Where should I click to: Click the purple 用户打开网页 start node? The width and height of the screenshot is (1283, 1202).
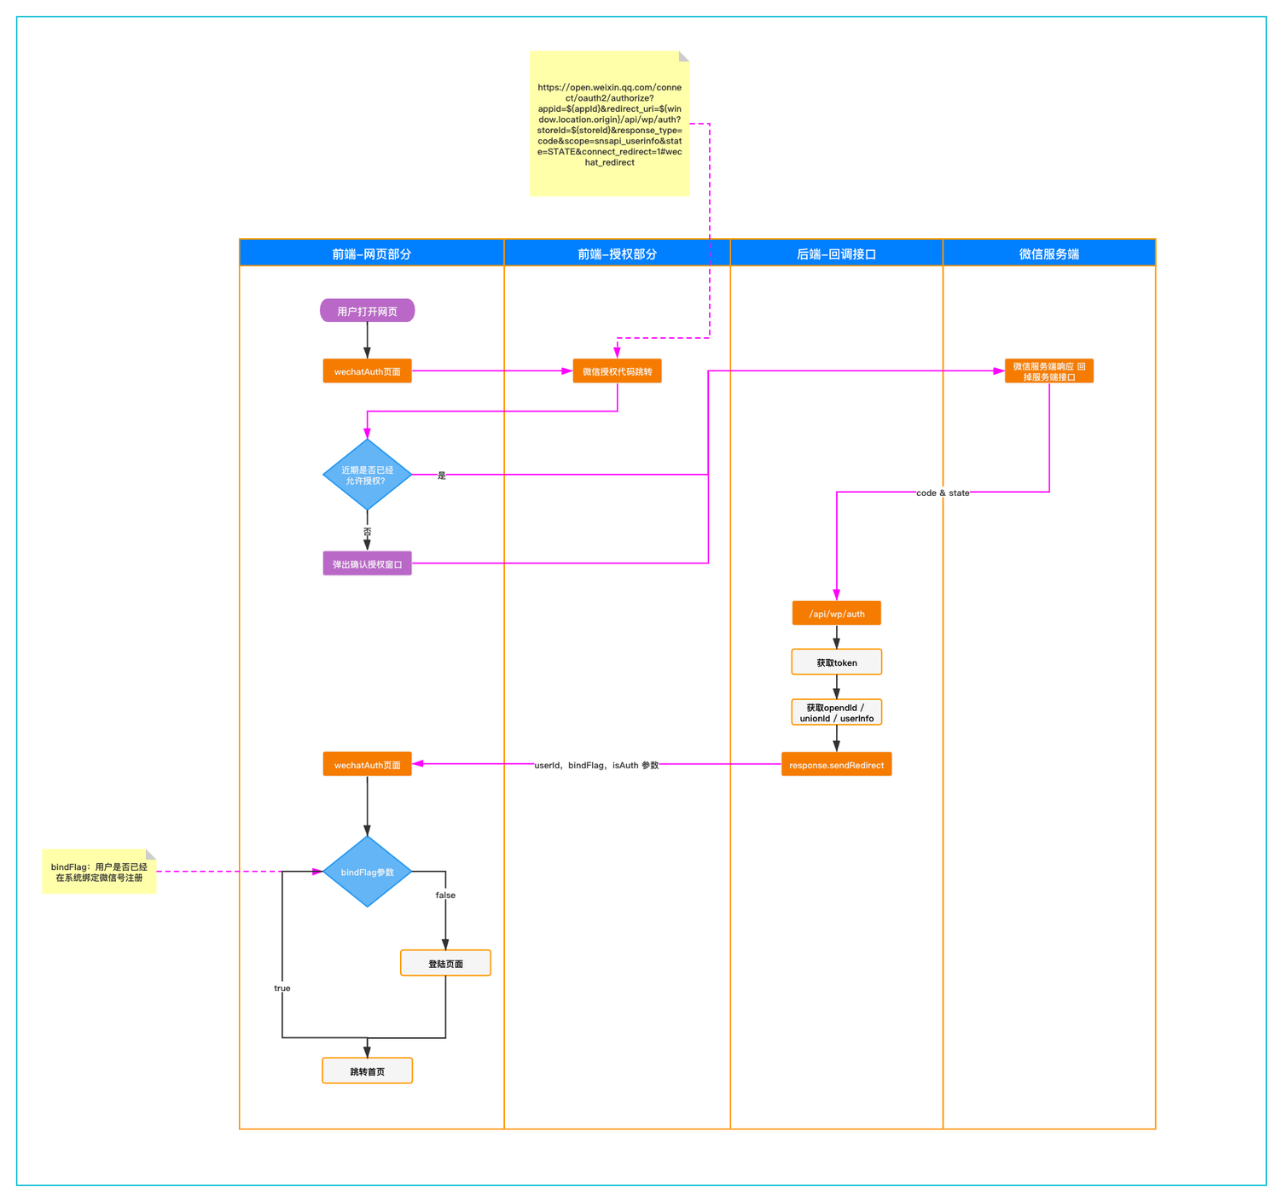(367, 311)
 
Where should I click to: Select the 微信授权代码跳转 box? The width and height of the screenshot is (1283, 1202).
(617, 371)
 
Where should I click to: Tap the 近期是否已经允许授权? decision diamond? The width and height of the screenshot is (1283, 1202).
(367, 475)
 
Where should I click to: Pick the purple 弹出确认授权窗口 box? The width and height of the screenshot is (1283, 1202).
(367, 563)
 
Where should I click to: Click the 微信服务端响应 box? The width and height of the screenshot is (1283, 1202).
(1048, 371)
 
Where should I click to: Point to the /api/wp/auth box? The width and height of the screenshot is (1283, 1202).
(836, 613)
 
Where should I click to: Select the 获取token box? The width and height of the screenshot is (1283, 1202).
(836, 662)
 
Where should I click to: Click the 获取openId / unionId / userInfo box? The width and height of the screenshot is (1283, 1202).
(836, 712)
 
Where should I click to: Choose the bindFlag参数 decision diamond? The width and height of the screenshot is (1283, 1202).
(367, 871)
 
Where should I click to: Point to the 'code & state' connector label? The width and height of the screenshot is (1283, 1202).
(943, 493)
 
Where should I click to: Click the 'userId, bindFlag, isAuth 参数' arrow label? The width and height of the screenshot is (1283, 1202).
(595, 765)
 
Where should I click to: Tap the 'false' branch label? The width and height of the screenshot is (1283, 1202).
(445, 895)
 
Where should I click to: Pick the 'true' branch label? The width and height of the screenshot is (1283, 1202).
(282, 988)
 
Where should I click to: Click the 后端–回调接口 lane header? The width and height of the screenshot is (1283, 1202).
(836, 253)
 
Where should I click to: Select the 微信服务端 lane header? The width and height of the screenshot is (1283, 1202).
(1048, 253)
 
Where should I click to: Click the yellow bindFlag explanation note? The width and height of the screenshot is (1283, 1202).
(99, 871)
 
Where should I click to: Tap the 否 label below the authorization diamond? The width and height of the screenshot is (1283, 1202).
(367, 532)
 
